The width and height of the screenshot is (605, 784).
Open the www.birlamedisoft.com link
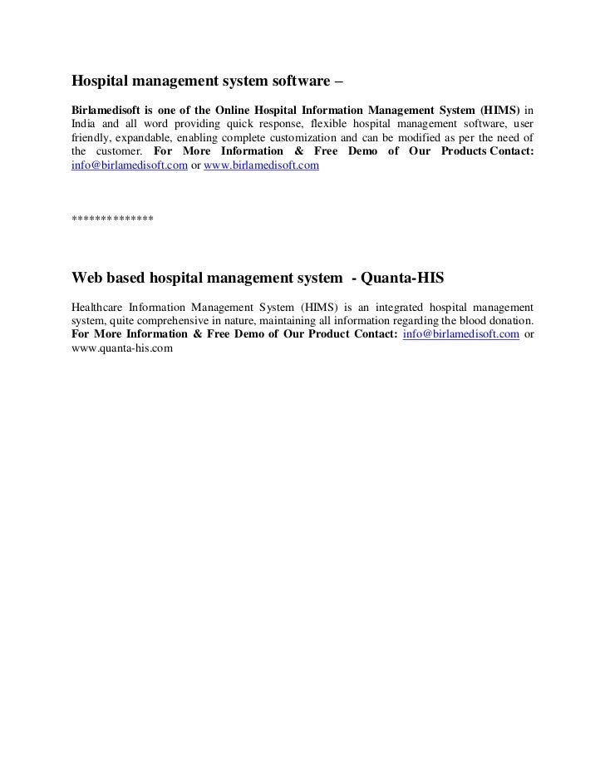point(261,166)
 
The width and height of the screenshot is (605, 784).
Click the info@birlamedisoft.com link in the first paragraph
point(125,166)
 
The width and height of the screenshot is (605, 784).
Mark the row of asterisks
point(112,219)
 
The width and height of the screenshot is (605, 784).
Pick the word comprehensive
point(180,320)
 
